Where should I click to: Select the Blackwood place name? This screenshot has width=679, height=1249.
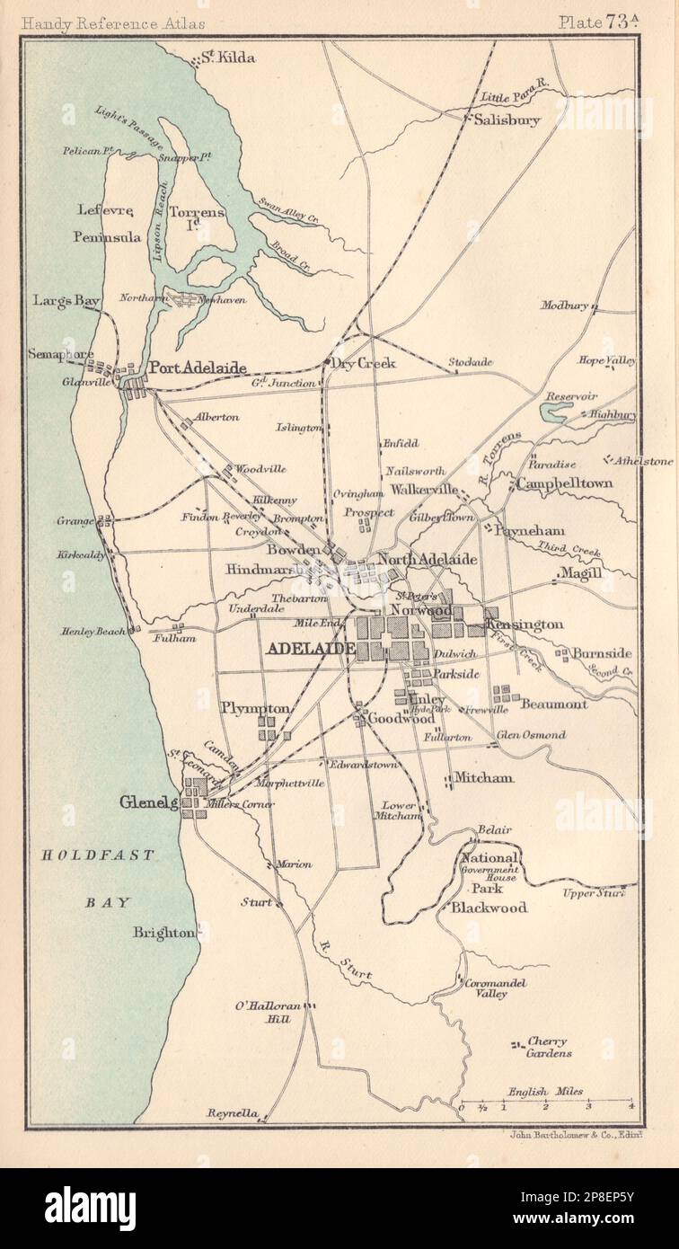[x=488, y=908]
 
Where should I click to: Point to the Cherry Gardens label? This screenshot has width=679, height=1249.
[x=548, y=1048]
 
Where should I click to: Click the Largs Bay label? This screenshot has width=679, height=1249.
[x=65, y=299]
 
